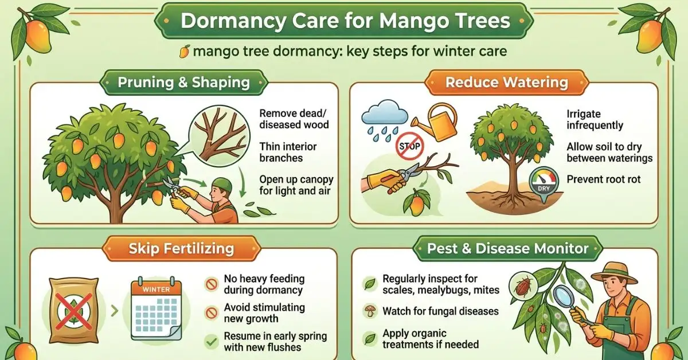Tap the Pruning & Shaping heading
click(183, 83)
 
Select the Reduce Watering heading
click(506, 83)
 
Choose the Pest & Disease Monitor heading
click(507, 248)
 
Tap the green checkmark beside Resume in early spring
click(212, 342)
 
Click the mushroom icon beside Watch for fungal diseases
click(370, 312)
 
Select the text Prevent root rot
click(603, 179)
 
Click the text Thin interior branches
click(288, 152)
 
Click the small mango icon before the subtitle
click(185, 52)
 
